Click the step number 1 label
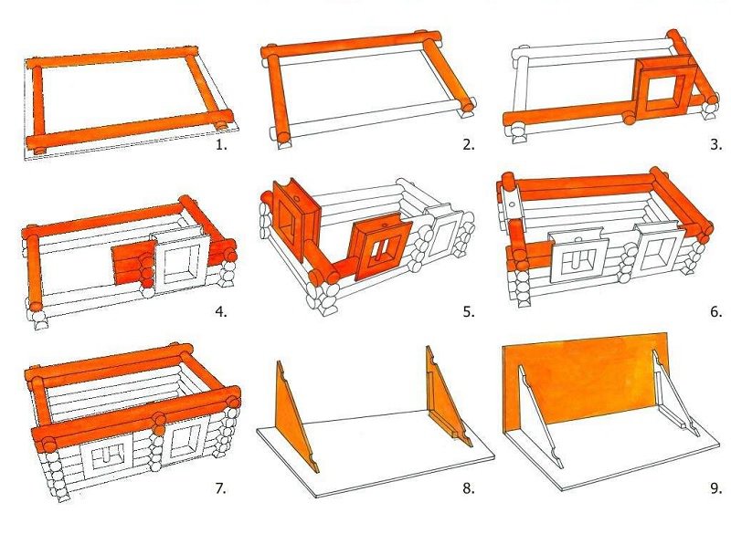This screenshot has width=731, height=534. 221,145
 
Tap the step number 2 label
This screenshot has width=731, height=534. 469,145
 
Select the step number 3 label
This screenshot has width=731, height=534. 716,145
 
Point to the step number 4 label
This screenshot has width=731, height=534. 221,311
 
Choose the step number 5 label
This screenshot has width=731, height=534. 469,311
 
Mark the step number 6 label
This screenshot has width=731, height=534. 716,311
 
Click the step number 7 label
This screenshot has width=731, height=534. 220,488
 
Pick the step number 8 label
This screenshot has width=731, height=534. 469,488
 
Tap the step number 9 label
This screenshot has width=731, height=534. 716,488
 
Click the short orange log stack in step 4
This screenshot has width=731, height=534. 133,265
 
